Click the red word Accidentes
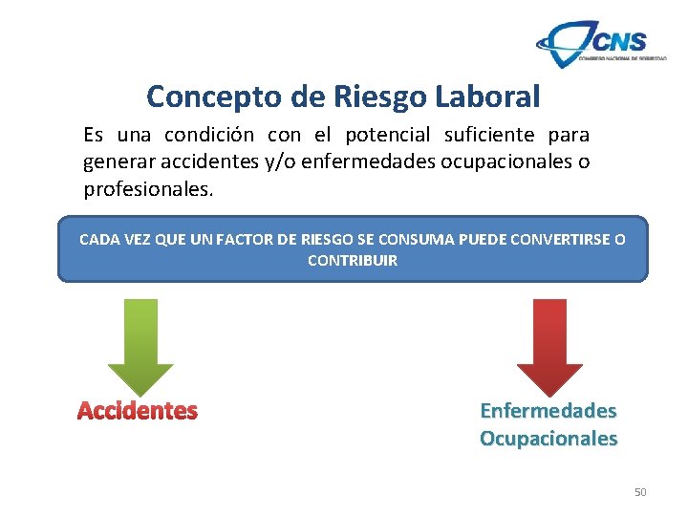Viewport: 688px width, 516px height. pyautogui.click(x=138, y=411)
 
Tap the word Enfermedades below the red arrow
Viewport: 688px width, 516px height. pyautogui.click(x=548, y=411)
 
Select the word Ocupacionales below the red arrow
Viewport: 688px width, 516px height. pyautogui.click(x=548, y=439)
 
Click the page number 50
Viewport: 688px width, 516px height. pyautogui.click(x=640, y=492)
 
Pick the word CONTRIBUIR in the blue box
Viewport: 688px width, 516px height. pyautogui.click(x=353, y=260)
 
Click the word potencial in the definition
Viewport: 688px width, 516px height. pyautogui.click(x=387, y=135)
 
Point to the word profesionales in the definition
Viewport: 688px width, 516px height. pyautogui.click(x=146, y=189)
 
